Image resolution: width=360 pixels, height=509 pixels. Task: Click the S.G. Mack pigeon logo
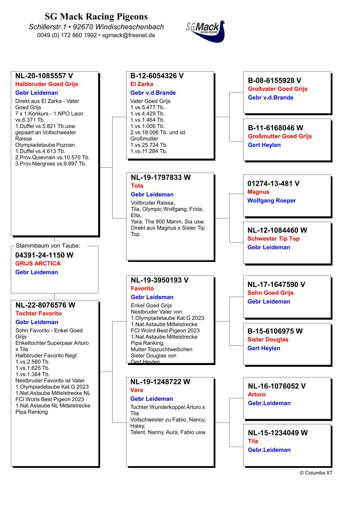[206, 31]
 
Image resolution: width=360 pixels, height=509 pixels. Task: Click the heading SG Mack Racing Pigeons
[96, 16]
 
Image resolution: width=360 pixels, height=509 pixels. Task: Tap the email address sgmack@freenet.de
[129, 35]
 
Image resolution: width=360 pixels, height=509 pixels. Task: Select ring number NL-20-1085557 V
[44, 76]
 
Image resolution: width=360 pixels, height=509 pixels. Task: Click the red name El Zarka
[142, 84]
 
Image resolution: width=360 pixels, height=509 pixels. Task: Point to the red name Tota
[137, 186]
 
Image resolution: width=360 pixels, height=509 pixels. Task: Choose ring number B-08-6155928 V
[274, 80]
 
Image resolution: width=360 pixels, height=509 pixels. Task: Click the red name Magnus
[258, 192]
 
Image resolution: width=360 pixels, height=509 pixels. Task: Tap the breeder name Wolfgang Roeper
[271, 201]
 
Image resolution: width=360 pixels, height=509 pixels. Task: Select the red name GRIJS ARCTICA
[38, 263]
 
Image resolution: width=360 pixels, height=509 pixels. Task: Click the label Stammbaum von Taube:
[48, 246]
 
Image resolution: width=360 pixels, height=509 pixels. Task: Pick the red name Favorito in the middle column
[142, 289]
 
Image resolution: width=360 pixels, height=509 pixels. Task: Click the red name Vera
[136, 390]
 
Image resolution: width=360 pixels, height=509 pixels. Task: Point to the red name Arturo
[257, 394]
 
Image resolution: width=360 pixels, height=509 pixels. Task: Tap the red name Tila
[253, 441]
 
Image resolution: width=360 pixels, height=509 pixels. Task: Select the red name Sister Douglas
[268, 339]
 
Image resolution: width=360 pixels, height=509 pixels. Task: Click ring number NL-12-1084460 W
[277, 230]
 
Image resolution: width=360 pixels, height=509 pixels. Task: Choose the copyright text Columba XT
[316, 473]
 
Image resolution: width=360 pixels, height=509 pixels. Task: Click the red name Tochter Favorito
[38, 313]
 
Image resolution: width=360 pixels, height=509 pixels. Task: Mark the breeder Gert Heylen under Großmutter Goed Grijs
[264, 145]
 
